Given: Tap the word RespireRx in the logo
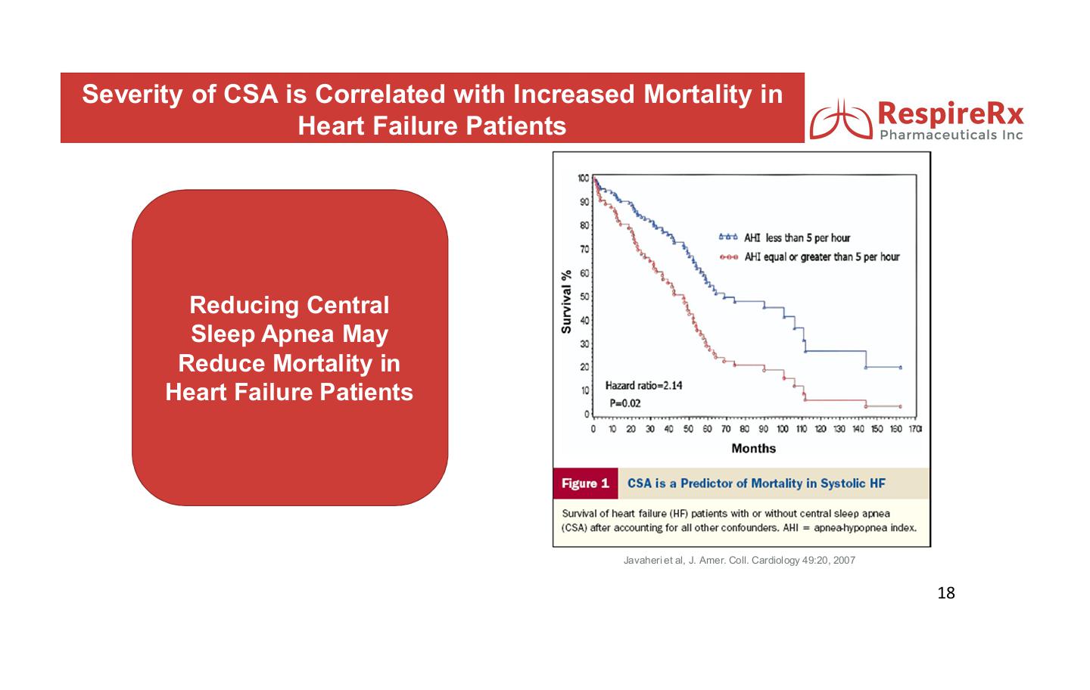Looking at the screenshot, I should pyautogui.click(x=950, y=113).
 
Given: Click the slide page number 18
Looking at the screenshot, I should pyautogui.click(x=946, y=593).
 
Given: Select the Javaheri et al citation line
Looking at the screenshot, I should pyautogui.click(x=739, y=561).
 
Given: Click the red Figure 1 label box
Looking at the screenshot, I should pyautogui.click(x=585, y=483).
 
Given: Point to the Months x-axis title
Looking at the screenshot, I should pyautogui.click(x=753, y=449).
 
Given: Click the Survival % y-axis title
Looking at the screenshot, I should pyautogui.click(x=566, y=302).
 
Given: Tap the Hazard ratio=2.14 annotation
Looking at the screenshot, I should pyautogui.click(x=643, y=386).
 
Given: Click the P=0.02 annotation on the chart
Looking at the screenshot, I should pyautogui.click(x=625, y=403).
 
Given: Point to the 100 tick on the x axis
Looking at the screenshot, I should pyautogui.click(x=782, y=430).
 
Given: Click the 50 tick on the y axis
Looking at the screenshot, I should pyautogui.click(x=584, y=297).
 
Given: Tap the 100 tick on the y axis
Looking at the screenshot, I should pyautogui.click(x=582, y=179).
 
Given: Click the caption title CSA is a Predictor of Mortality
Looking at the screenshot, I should pyautogui.click(x=755, y=483).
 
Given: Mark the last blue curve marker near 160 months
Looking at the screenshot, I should pyautogui.click(x=900, y=368).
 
